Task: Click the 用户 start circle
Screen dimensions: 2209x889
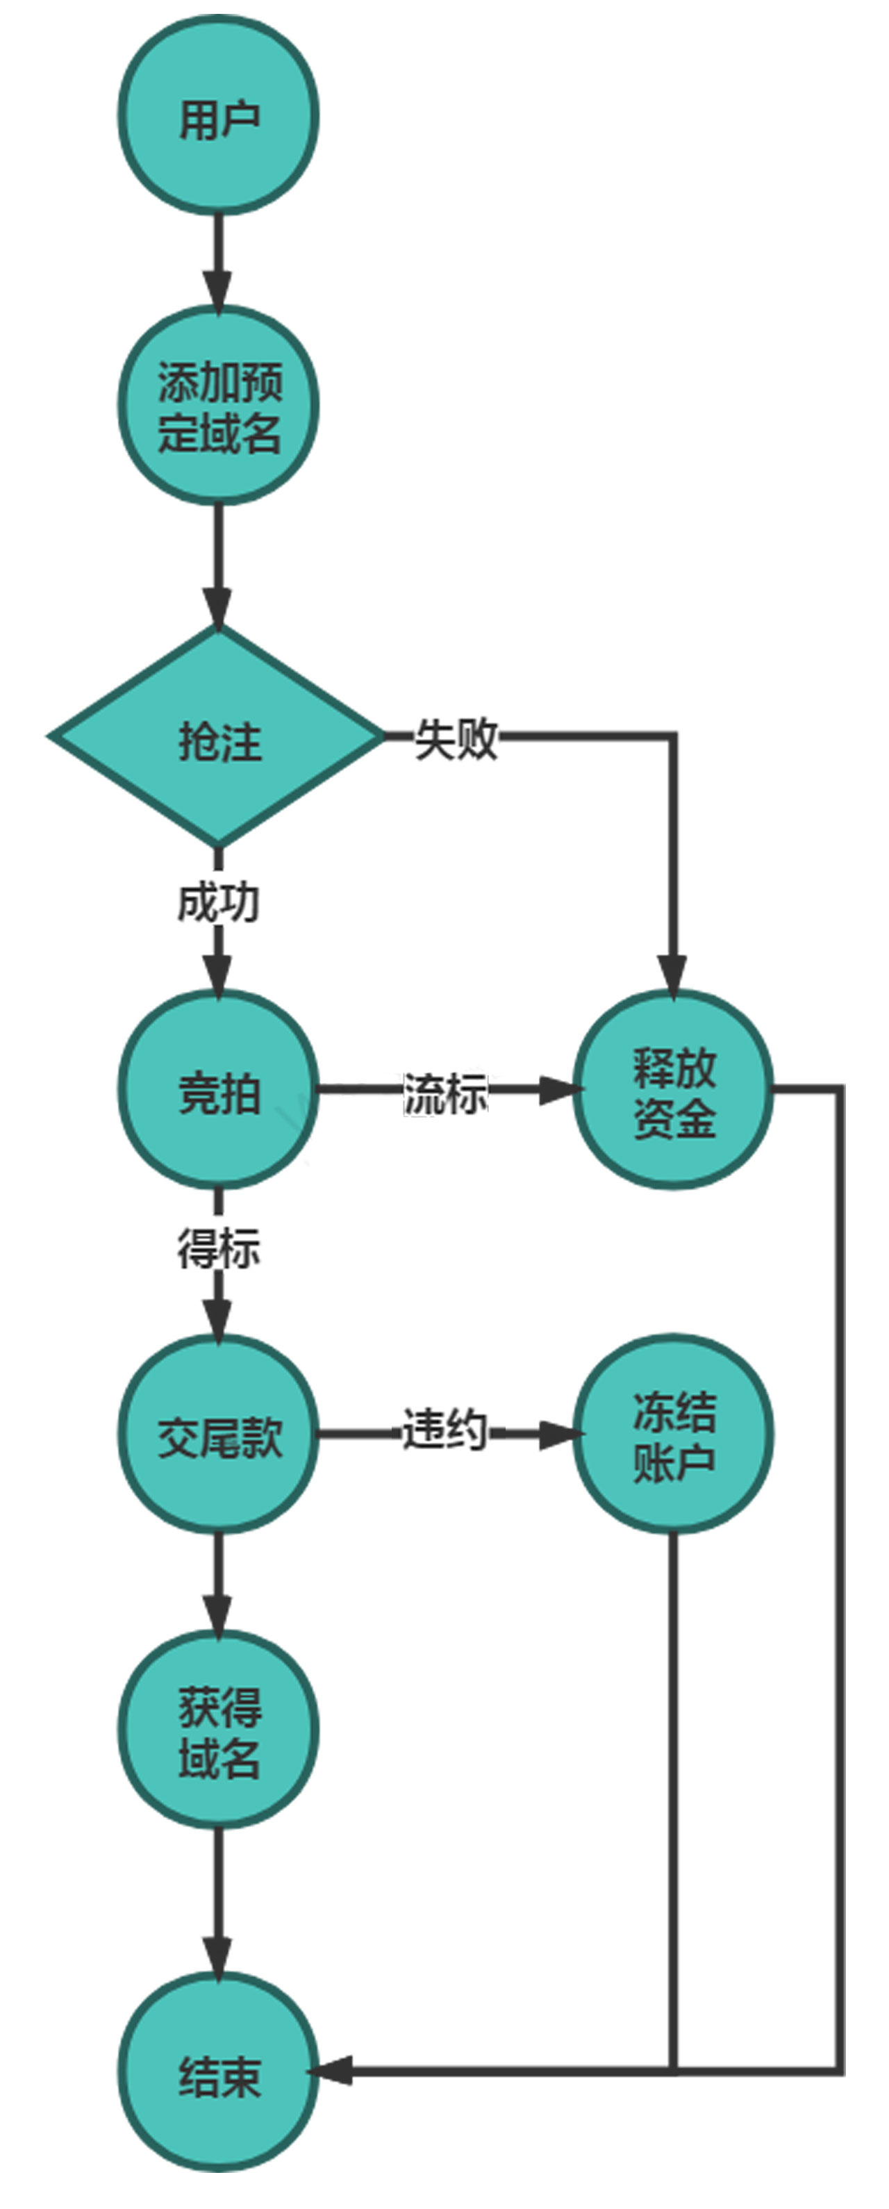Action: pos(219,116)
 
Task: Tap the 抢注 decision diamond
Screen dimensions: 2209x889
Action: pos(219,736)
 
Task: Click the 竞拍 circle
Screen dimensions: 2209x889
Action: pos(219,1089)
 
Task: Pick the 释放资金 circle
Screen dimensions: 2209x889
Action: pos(673,1089)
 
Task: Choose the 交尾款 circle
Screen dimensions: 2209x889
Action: pos(219,1434)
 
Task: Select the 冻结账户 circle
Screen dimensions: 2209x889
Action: pos(673,1434)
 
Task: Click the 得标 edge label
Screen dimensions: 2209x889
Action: pos(219,1248)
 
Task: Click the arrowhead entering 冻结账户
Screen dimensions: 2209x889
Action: pos(557,1433)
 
